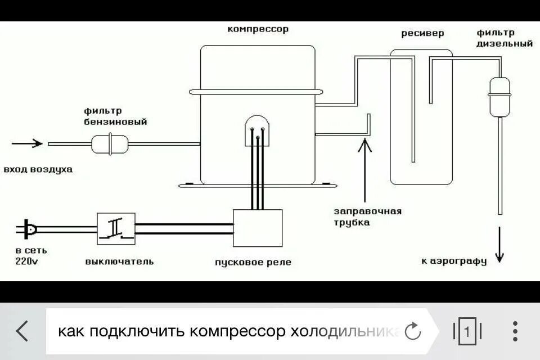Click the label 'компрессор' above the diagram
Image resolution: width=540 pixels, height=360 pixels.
click(x=258, y=29)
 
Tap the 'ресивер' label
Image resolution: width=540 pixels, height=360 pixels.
click(x=422, y=33)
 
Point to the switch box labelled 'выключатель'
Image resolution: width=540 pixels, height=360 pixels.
click(x=116, y=227)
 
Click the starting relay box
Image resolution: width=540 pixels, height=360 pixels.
click(x=258, y=228)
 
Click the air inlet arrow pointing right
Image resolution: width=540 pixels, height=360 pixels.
click(x=27, y=143)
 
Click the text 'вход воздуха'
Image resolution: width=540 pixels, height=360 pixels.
click(x=38, y=169)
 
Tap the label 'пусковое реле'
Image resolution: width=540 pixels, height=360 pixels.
click(x=253, y=263)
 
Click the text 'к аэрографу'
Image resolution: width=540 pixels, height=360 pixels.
click(x=453, y=261)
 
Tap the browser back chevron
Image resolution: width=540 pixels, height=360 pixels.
click(x=22, y=331)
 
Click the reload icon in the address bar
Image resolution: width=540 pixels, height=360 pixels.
click(x=413, y=331)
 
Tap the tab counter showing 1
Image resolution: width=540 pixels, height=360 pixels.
click(x=466, y=331)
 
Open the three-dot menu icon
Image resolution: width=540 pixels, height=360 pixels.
click(x=515, y=331)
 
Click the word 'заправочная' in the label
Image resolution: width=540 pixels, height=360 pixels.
click(x=367, y=211)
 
